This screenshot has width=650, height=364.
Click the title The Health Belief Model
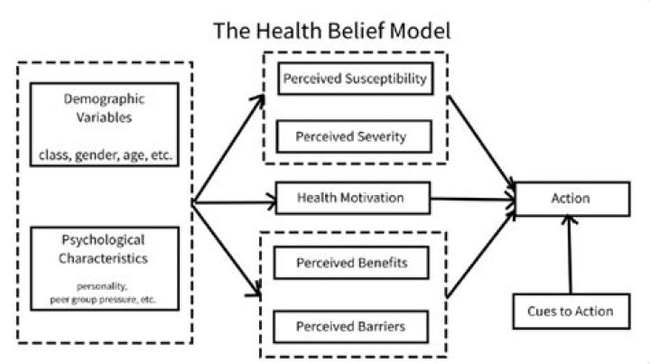click(331, 32)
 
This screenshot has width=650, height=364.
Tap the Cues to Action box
click(569, 312)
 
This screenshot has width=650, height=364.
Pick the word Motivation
click(372, 198)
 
